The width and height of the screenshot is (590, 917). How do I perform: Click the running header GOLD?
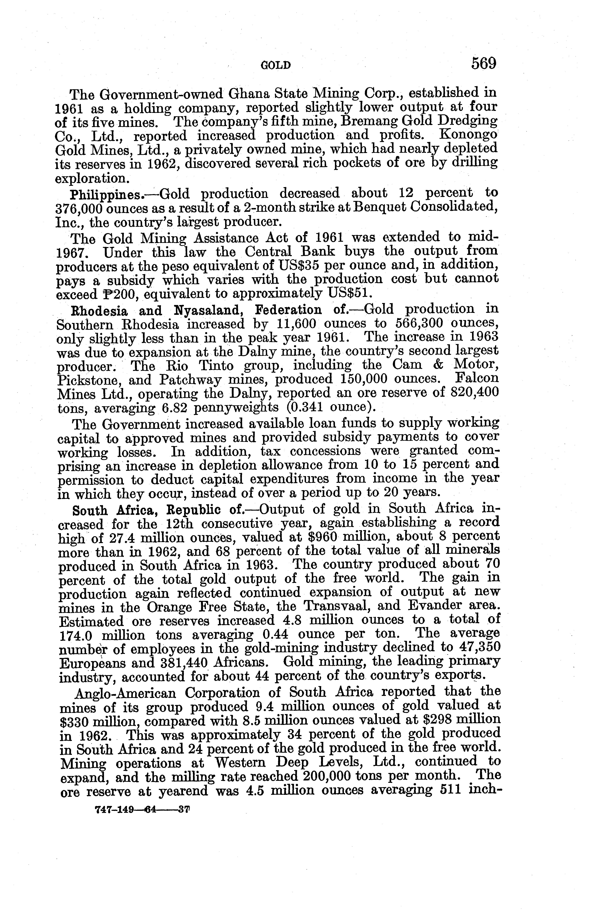(x=276, y=66)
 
